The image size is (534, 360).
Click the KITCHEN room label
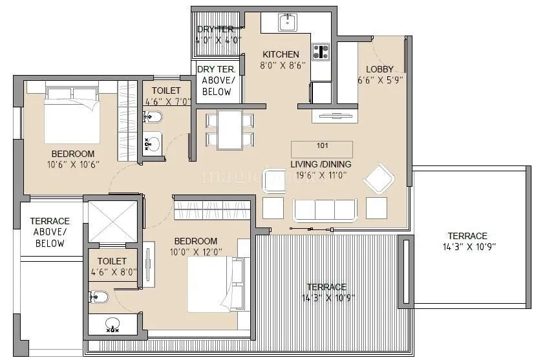click(281, 54)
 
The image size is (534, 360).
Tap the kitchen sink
click(287, 23)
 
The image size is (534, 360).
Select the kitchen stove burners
click(320, 52)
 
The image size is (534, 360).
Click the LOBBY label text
click(379, 69)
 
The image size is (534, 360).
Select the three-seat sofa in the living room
click(325, 209)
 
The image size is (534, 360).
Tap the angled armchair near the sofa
click(378, 178)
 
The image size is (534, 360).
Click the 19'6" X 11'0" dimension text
click(321, 175)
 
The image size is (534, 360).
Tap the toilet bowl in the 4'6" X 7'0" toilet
click(153, 118)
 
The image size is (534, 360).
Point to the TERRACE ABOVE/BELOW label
click(50, 232)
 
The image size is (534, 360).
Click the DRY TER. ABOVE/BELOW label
click(217, 80)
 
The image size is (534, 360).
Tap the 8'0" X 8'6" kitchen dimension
click(279, 65)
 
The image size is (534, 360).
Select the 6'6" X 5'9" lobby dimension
click(380, 81)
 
